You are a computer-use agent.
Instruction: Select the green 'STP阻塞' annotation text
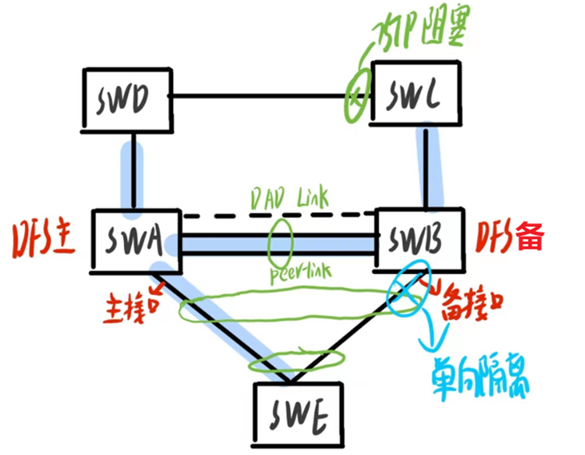point(416,34)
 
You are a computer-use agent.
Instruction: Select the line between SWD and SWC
point(256,97)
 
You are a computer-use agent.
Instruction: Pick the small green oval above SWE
point(296,361)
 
